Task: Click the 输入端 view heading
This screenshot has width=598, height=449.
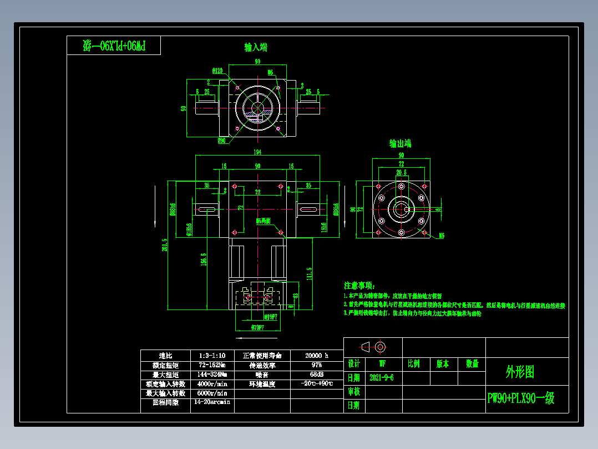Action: pos(256,47)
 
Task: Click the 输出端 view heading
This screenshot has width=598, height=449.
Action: pos(400,143)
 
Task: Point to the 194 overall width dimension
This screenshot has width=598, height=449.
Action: pos(257,152)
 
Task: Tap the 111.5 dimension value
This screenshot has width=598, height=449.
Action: pos(309,273)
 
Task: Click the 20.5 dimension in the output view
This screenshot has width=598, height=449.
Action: pos(402,173)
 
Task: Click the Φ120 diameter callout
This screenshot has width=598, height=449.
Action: pos(217,71)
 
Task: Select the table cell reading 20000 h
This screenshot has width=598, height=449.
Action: pos(317,355)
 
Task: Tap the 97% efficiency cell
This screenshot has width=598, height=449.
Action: pos(317,365)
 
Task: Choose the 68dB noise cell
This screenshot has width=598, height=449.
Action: pos(317,375)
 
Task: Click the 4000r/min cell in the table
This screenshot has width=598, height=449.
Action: pos(212,383)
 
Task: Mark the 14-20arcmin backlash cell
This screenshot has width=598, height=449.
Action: pos(212,402)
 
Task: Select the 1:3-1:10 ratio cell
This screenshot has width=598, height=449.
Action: pos(212,355)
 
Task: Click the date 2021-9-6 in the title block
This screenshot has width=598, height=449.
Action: pos(382,377)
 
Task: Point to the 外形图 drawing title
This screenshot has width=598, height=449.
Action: pos(520,372)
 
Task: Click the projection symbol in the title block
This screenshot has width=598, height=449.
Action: pos(373,347)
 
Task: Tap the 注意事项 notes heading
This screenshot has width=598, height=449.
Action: pos(359,285)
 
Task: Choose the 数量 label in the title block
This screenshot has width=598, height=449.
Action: pos(472,364)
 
